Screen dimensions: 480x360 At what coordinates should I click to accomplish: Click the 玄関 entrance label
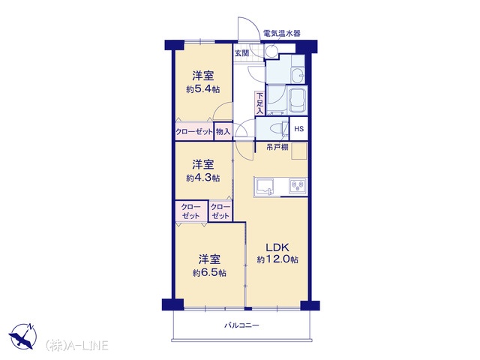pyautogui.click(x=241, y=53)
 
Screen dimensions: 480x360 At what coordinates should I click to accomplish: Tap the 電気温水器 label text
pyautogui.click(x=282, y=33)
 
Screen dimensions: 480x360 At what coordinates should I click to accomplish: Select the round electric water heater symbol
pyautogui.click(x=271, y=51)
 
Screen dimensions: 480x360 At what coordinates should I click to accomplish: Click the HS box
pyautogui.click(x=298, y=128)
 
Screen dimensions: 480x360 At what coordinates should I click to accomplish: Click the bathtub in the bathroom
pyautogui.click(x=298, y=100)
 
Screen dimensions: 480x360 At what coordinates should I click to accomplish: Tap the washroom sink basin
pyautogui.click(x=298, y=76)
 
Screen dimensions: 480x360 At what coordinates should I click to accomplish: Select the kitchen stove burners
pyautogui.click(x=298, y=185)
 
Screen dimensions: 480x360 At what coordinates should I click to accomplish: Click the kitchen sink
pyautogui.click(x=265, y=187)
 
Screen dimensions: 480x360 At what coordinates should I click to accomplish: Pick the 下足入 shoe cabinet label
pyautogui.click(x=259, y=103)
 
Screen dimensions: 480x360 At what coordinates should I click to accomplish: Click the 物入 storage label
pyautogui.click(x=223, y=132)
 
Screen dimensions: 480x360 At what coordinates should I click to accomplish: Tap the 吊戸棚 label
pyautogui.click(x=277, y=147)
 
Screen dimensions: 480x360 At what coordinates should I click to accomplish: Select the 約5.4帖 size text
pyautogui.click(x=203, y=89)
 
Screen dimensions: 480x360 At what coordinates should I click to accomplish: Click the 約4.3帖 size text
pyautogui.click(x=203, y=178)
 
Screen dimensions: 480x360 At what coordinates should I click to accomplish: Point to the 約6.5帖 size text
pyautogui.click(x=209, y=273)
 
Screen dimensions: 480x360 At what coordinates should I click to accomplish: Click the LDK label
pyautogui.click(x=277, y=247)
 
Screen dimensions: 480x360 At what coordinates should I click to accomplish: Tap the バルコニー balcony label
pyautogui.click(x=241, y=325)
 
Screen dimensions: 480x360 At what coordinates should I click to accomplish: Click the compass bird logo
pyautogui.click(x=22, y=336)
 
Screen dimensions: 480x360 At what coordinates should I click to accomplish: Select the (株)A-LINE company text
pyautogui.click(x=76, y=345)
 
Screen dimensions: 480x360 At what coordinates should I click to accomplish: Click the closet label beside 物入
pyautogui.click(x=194, y=132)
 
